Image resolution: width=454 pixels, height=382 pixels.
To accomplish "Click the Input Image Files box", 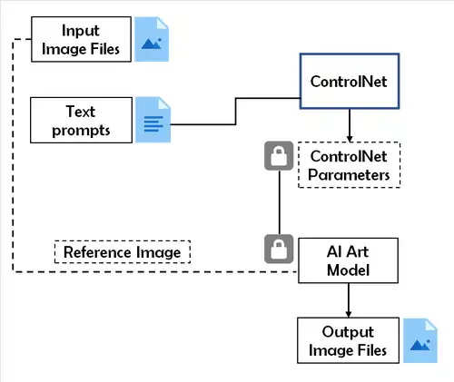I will pos(81,38).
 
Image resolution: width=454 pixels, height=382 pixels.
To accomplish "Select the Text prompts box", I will pos(81,121).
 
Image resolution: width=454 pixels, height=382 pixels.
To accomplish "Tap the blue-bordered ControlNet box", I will pos(349,82).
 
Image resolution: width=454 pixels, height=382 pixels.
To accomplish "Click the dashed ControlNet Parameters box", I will pos(350,164).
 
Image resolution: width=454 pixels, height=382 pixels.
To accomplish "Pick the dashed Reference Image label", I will pos(123,250).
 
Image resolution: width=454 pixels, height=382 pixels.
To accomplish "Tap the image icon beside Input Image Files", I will pos(151,38).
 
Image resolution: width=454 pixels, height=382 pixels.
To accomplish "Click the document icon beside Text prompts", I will pos(151,121).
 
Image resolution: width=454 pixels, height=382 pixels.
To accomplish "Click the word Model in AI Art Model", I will pos(349,269).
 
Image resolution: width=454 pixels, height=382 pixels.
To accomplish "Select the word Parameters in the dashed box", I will pos(350,172).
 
